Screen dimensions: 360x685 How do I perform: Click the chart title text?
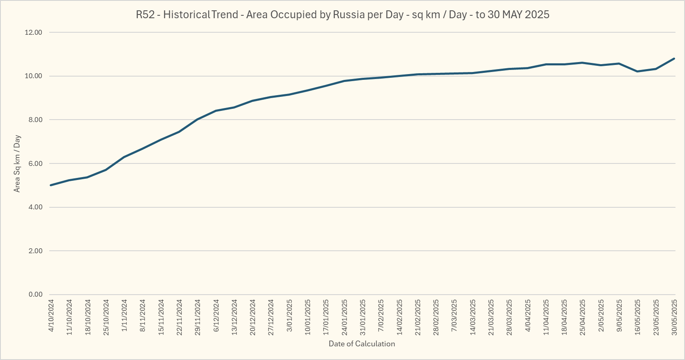342,15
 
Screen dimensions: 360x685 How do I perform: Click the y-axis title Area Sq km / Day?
17,163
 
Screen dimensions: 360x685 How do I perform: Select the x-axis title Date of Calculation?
362,344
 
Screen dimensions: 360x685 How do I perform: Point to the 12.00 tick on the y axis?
34,33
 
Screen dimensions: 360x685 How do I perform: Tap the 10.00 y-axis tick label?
34,76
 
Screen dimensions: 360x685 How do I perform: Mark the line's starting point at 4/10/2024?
50,185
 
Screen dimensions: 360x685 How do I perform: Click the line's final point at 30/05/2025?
674,58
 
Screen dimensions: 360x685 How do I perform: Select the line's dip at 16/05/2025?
637,72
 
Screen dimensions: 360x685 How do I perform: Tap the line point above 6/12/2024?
216,111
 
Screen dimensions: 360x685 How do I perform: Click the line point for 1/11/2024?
124,157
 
